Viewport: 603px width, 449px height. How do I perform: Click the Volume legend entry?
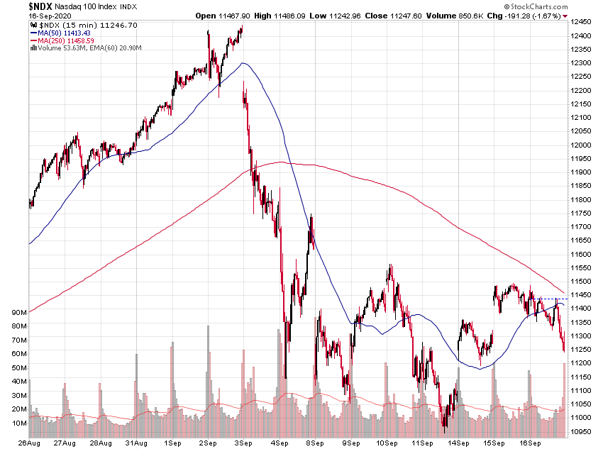pyautogui.click(x=72, y=48)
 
